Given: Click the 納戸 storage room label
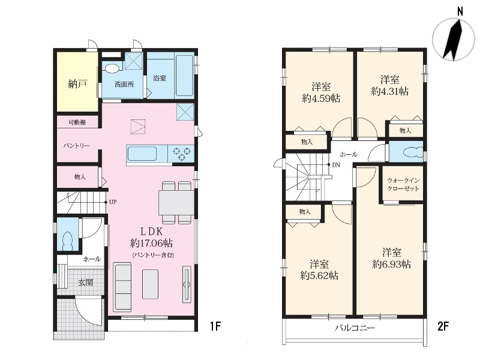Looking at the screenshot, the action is click(x=78, y=84).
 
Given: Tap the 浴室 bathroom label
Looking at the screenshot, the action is click(x=160, y=78).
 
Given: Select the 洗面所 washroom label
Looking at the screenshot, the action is click(x=124, y=84).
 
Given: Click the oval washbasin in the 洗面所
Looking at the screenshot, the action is click(x=110, y=68).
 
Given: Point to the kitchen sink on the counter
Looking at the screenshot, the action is click(x=142, y=154).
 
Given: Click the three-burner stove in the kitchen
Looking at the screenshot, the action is click(x=182, y=154).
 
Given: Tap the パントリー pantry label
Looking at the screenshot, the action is click(x=77, y=145).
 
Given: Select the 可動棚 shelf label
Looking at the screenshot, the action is click(x=77, y=122).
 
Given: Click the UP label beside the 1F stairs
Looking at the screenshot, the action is click(x=113, y=202).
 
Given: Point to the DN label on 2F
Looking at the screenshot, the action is click(x=336, y=165).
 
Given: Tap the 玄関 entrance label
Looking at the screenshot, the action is click(x=85, y=282).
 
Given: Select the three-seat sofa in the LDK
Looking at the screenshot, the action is click(x=122, y=287).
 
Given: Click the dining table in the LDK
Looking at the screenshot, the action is click(x=176, y=203).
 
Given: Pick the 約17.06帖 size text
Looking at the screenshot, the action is click(x=152, y=243).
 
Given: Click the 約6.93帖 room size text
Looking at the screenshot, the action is click(x=392, y=264).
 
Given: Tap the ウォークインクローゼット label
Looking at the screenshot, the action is click(x=403, y=184).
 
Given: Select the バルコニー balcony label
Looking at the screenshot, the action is click(x=355, y=328).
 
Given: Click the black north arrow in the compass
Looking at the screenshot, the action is click(x=452, y=40).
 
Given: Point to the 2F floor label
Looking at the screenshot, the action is click(x=443, y=326).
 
